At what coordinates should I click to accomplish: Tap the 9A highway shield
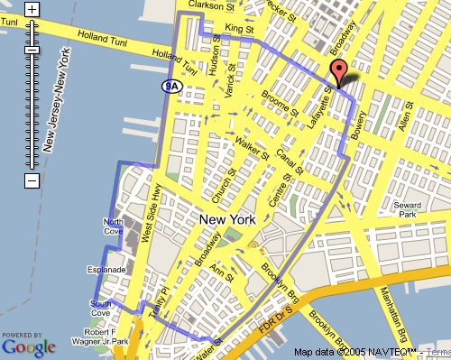[171, 86]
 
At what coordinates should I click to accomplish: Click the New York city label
[227, 219]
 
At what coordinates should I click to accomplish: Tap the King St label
[239, 30]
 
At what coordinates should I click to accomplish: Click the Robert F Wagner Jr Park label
[100, 336]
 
